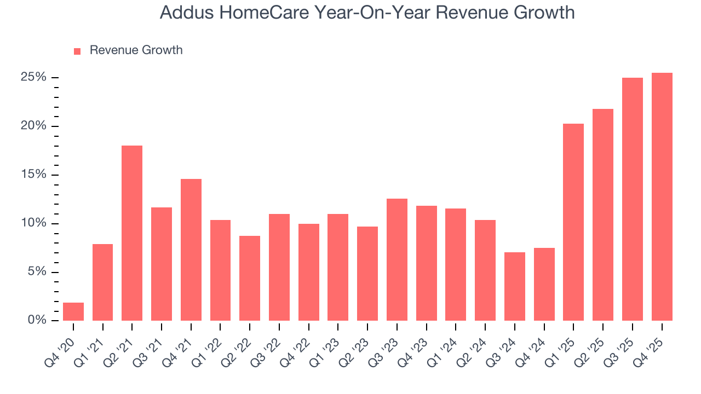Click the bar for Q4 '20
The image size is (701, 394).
[x=73, y=311]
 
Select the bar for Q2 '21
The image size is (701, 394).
[x=132, y=233]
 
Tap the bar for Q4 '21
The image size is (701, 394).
[x=191, y=250]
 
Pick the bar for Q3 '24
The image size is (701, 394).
[x=515, y=286]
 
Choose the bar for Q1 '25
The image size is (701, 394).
[x=573, y=222]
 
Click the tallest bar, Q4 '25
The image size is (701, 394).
[x=662, y=197]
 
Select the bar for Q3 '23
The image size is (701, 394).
[x=397, y=259]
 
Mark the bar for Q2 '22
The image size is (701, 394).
[x=250, y=278]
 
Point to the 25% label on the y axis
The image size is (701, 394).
[x=33, y=77]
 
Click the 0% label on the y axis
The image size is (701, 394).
[x=37, y=320]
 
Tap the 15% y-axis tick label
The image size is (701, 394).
[x=33, y=175]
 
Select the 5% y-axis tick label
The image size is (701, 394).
[x=37, y=272]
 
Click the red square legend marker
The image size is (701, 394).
[x=77, y=51]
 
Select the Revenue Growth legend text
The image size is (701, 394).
[x=136, y=50]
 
